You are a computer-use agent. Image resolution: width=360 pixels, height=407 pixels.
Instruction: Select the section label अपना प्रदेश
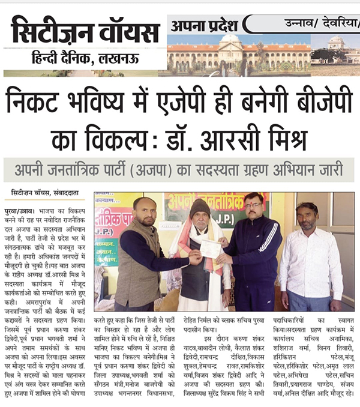[205, 25]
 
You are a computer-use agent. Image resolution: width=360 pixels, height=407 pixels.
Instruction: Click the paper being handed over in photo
[209, 249]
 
